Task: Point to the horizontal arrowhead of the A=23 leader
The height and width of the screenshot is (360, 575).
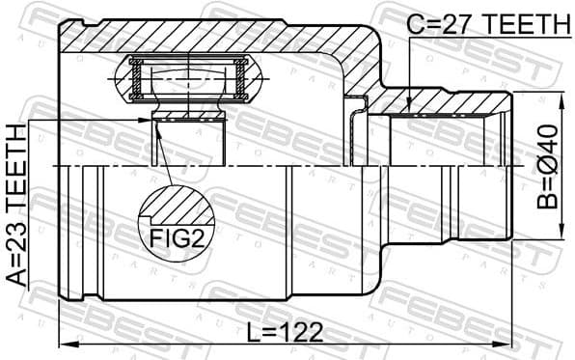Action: coord(145,120)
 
